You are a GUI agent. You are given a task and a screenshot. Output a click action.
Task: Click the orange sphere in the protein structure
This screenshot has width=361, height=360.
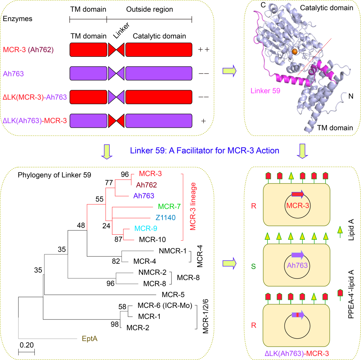click(x=294, y=51)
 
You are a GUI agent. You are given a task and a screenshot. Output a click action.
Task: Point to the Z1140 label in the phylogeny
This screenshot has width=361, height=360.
click(x=166, y=217)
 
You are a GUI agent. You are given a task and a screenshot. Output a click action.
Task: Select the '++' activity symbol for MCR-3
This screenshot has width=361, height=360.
click(x=203, y=49)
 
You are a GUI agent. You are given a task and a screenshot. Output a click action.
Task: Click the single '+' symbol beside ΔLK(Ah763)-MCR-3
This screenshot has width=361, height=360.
click(x=203, y=121)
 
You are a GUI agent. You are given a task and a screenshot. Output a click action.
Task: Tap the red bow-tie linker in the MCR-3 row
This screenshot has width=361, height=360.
click(x=116, y=49)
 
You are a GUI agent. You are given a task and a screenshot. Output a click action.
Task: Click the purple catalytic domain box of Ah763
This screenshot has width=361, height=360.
click(x=159, y=73)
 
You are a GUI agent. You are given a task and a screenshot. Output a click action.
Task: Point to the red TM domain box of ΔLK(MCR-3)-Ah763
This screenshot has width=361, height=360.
click(x=88, y=97)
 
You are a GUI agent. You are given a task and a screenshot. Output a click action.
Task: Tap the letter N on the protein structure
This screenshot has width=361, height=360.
click(x=351, y=96)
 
